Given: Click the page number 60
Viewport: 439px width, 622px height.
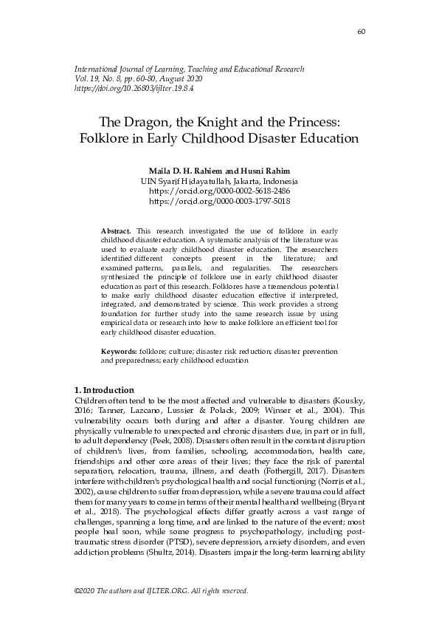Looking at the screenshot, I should pyautogui.click(x=361, y=31).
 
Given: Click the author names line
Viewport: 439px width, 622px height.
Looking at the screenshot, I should pyautogui.click(x=219, y=171).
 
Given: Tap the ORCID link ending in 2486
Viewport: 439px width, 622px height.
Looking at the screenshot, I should pyautogui.click(x=219, y=191).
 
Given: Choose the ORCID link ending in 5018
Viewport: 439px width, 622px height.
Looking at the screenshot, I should pyautogui.click(x=219, y=200).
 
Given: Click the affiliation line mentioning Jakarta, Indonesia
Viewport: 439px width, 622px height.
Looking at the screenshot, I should pyautogui.click(x=219, y=181).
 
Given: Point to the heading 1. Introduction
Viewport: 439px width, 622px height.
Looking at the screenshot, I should pyautogui.click(x=105, y=390).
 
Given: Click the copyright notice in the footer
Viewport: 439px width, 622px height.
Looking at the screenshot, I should pyautogui.click(x=162, y=591).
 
